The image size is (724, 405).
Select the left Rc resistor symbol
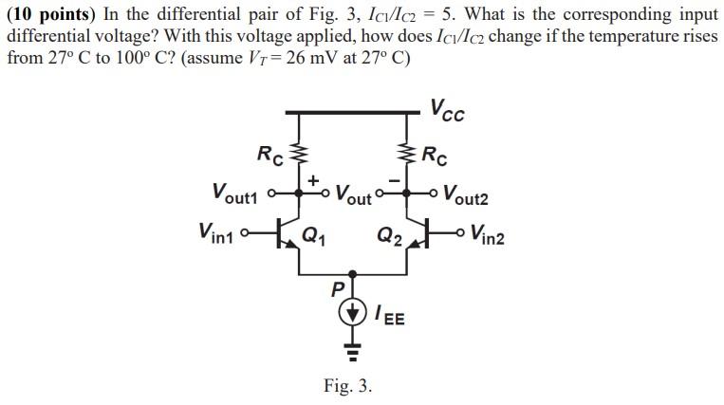coord(301,153)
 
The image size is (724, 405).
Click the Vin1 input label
coord(220,231)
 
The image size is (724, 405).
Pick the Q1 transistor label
coord(313,236)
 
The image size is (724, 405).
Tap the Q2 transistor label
coord(389,236)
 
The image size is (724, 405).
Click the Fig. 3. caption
coord(347,386)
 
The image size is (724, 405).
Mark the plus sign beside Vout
coord(312,178)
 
